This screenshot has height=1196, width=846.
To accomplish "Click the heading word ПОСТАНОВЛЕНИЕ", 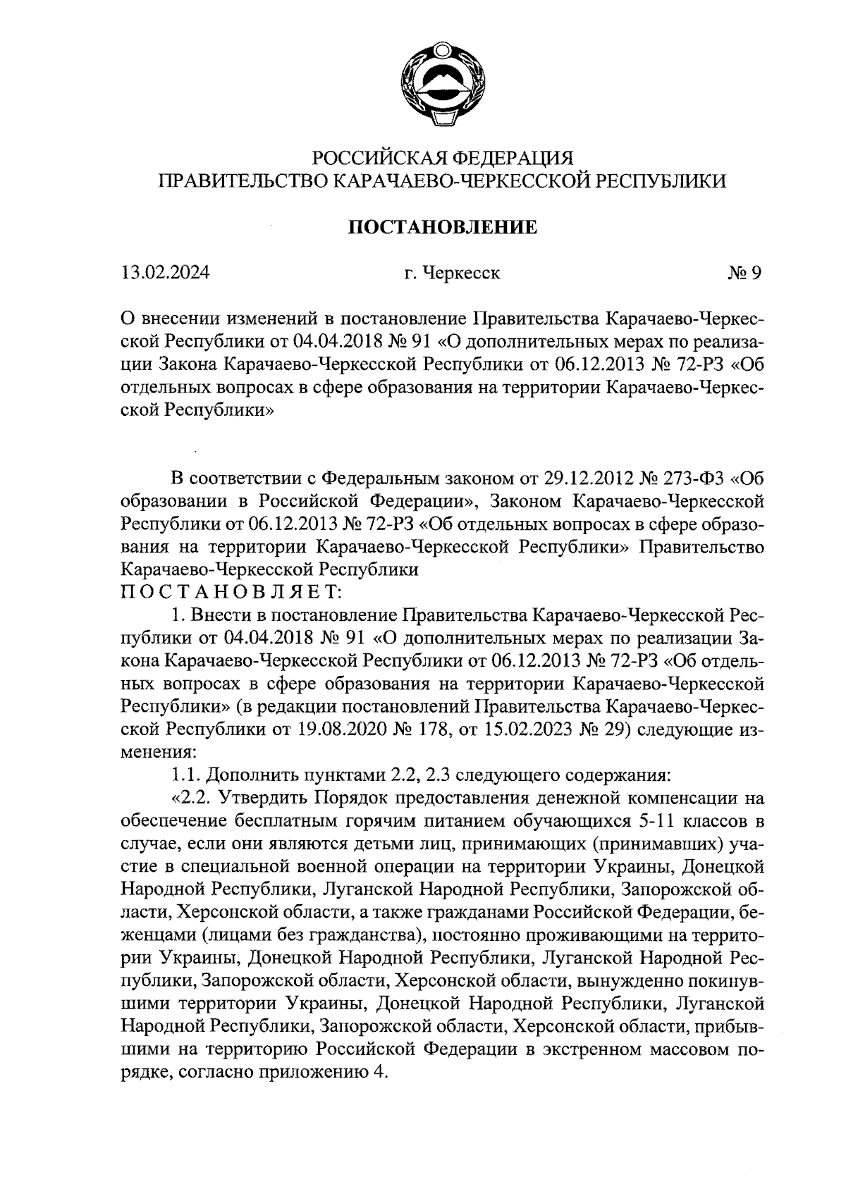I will click(x=443, y=227).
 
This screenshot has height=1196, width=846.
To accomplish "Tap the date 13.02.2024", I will click(x=164, y=273).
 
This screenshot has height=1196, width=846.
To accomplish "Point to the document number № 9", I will click(x=744, y=273).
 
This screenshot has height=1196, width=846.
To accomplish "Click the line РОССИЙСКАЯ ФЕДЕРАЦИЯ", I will click(x=443, y=156).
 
